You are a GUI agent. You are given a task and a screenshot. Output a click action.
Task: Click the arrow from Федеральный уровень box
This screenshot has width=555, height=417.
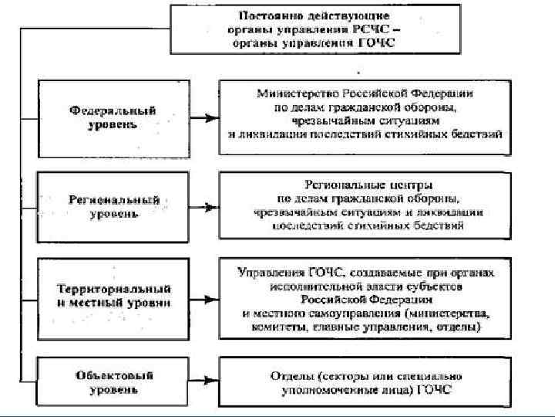[203, 118]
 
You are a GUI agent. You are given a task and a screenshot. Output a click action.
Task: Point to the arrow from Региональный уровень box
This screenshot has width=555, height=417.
[203, 207]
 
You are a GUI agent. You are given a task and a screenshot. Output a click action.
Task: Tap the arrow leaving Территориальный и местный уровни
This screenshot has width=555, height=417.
[203, 297]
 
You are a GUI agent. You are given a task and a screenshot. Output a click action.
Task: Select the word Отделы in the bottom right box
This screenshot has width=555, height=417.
[289, 375]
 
